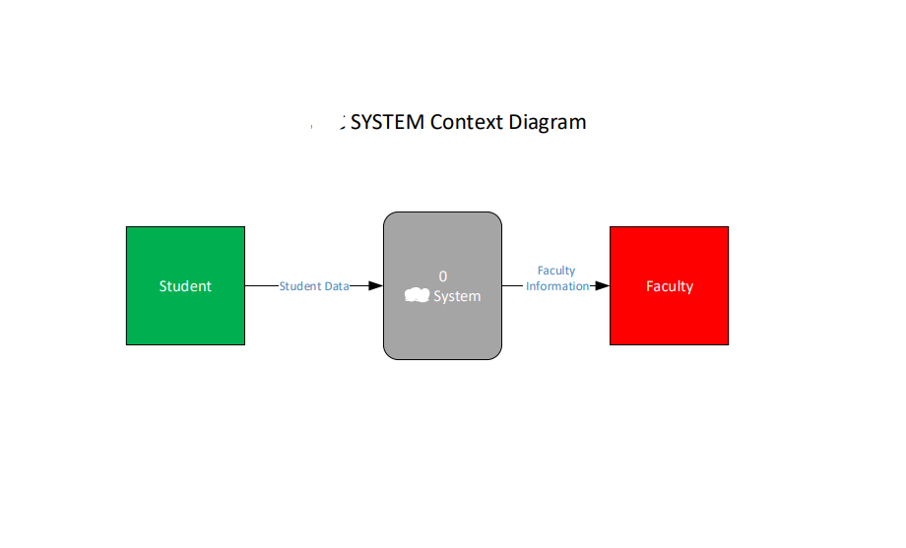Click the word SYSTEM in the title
(x=388, y=123)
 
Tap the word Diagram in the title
(x=548, y=123)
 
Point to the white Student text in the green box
(x=185, y=286)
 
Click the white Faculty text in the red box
(x=669, y=286)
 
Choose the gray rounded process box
(x=442, y=330)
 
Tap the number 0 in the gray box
(x=443, y=276)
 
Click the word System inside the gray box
(x=457, y=296)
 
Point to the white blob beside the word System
(x=418, y=295)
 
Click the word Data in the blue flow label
(x=337, y=286)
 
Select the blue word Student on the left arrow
(x=300, y=286)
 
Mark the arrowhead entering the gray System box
(x=374, y=286)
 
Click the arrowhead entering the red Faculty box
(x=602, y=286)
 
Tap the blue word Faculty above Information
(x=556, y=271)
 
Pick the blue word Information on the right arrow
(x=557, y=286)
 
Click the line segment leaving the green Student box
(x=261, y=286)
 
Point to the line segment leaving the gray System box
(x=512, y=286)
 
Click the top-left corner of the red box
(x=611, y=227)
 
